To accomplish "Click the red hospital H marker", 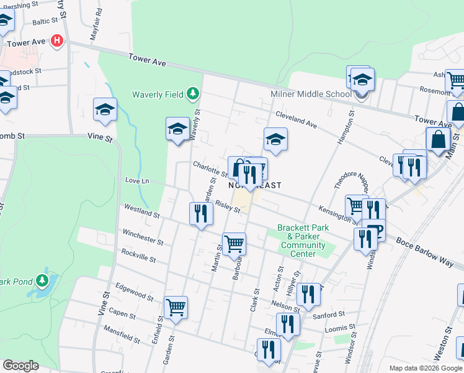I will (x=57, y=41).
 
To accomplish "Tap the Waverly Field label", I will (x=157, y=94).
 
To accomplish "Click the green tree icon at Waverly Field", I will (x=193, y=94).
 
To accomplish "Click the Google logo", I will (x=20, y=365).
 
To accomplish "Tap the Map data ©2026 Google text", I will (x=425, y=368).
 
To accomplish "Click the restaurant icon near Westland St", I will (x=200, y=214).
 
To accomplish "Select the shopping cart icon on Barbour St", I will (x=234, y=243).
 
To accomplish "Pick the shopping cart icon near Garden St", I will (x=176, y=307).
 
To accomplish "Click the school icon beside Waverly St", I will (x=177, y=129).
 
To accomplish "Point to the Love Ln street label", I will (x=138, y=180).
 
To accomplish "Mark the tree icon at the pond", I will (x=42, y=280).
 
